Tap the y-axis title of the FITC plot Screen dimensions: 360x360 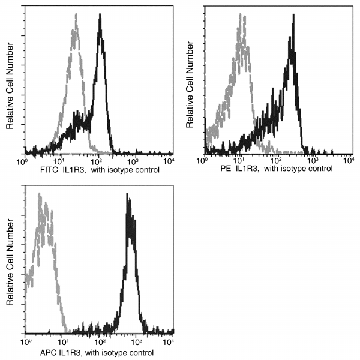[x=10, y=90]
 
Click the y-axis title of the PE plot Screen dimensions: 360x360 [x=190, y=90]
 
